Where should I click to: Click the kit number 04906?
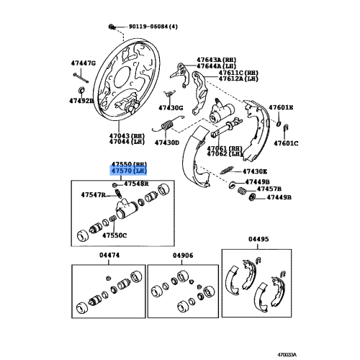pyautogui.click(x=183, y=255)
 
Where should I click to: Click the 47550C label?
pyautogui.click(x=114, y=235)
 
